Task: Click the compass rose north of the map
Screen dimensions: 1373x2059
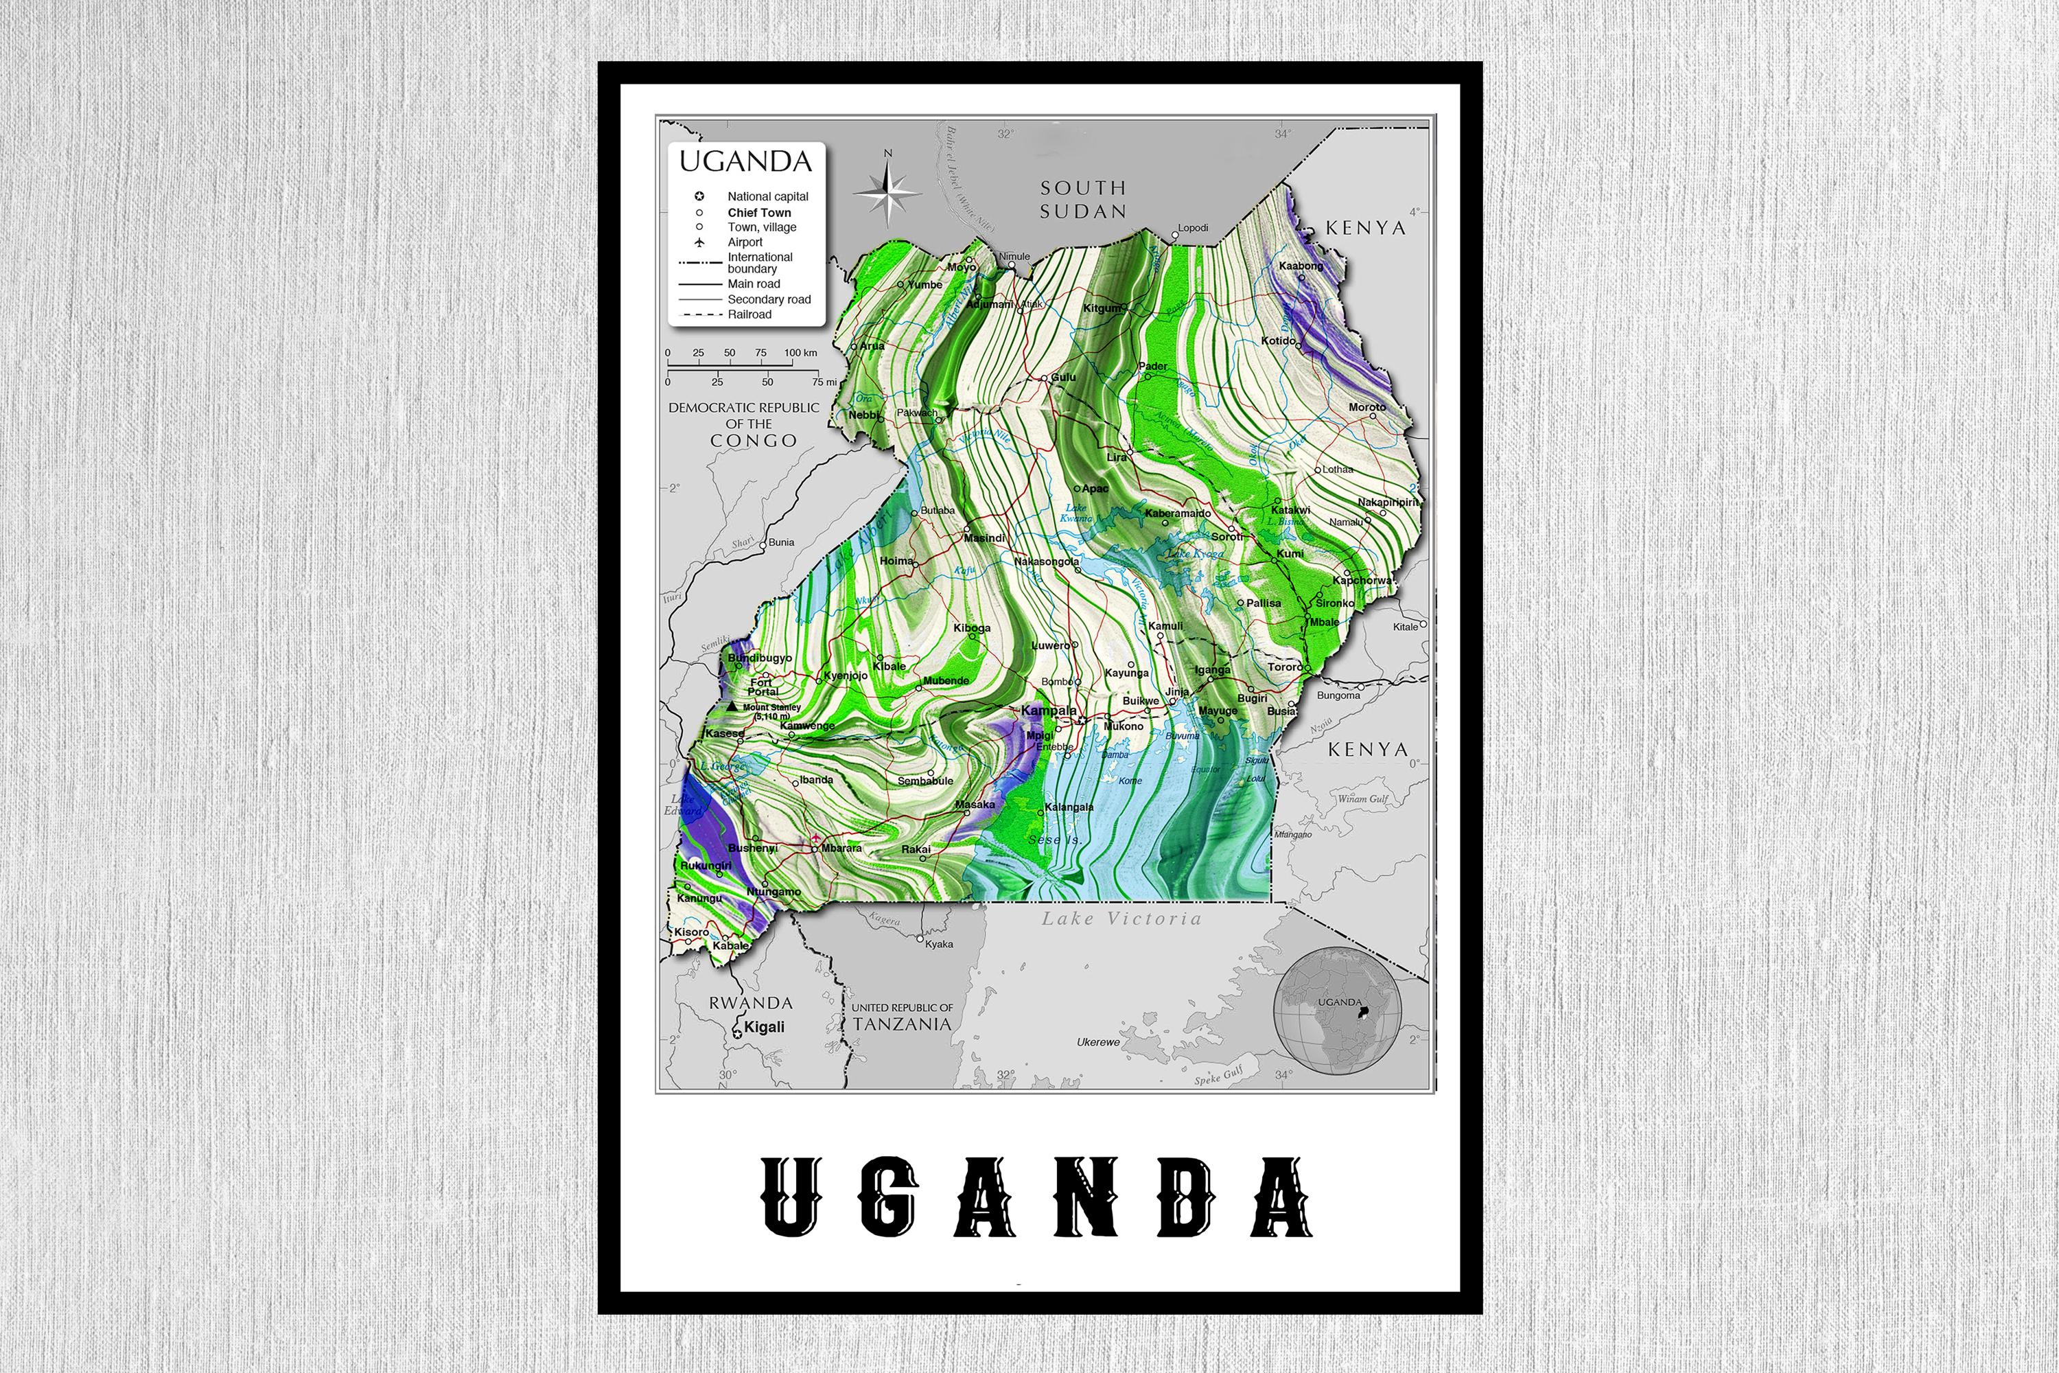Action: click(x=887, y=192)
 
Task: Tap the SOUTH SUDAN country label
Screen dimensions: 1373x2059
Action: click(x=1083, y=199)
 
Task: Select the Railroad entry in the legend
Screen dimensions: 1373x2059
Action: click(x=749, y=314)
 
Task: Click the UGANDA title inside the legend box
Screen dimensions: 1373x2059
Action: click(x=746, y=161)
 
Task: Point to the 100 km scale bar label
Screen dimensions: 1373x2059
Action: click(x=800, y=353)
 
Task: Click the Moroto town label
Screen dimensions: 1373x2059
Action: click(x=1366, y=407)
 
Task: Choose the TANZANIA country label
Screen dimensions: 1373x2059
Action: click(x=902, y=1024)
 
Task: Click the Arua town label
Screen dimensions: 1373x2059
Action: click(x=872, y=346)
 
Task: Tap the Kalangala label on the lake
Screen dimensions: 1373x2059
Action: click(x=1069, y=807)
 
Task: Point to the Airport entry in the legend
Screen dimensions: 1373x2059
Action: click(x=745, y=242)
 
